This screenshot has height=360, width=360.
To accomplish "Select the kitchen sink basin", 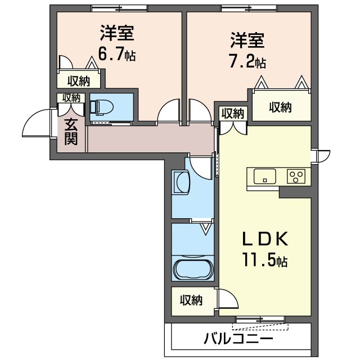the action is coord(265,176).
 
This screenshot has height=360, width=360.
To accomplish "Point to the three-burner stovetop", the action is coord(296,176).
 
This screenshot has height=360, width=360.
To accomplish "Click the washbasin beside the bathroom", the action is coord(182,182).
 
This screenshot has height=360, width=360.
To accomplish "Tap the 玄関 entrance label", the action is coord(71,132).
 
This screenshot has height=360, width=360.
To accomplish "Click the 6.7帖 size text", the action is coord(117,54).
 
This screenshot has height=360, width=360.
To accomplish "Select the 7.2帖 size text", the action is coord(247,61).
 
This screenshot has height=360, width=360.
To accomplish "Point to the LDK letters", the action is coord(265,238).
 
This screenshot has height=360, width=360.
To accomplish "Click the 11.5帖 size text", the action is coord(265,260).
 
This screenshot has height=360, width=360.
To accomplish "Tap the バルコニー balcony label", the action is coord(238,339).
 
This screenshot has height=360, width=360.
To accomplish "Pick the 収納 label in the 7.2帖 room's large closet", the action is coord(280,107).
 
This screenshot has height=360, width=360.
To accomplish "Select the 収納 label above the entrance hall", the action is coord(71,98).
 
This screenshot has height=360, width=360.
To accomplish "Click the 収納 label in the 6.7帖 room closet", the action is coord(79,81).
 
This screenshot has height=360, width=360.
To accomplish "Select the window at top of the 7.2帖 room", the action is coord(249,8).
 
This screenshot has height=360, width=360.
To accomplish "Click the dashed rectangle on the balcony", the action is coord(260,326).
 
